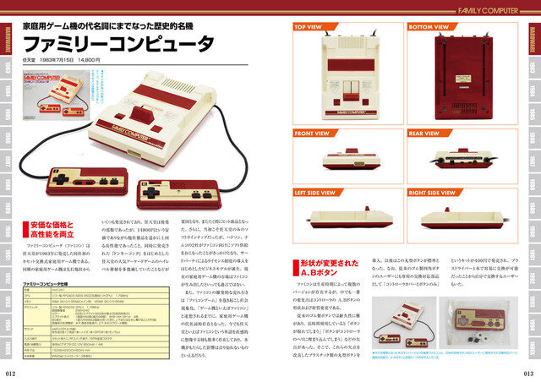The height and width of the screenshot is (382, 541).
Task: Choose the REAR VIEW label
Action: (424, 134)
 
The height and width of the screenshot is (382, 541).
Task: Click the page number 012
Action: (12, 372)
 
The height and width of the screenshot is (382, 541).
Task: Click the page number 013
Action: (527, 372)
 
